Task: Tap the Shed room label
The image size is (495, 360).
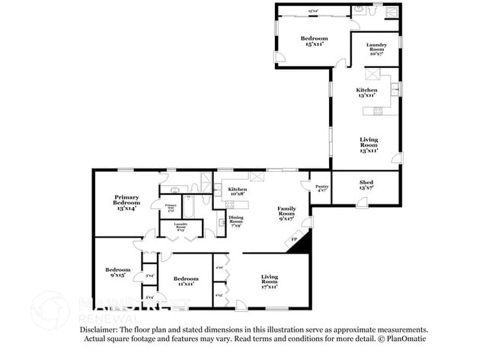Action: (367, 183)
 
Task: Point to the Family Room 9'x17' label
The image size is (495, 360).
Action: (287, 212)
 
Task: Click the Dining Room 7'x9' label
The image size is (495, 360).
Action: (236, 222)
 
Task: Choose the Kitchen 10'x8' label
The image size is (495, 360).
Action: (238, 191)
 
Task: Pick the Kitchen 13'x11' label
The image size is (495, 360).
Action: (366, 92)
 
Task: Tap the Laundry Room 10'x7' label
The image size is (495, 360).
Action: (376, 49)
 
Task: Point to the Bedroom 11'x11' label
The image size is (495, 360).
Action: (186, 281)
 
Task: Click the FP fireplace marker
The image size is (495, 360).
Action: (295, 241)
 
